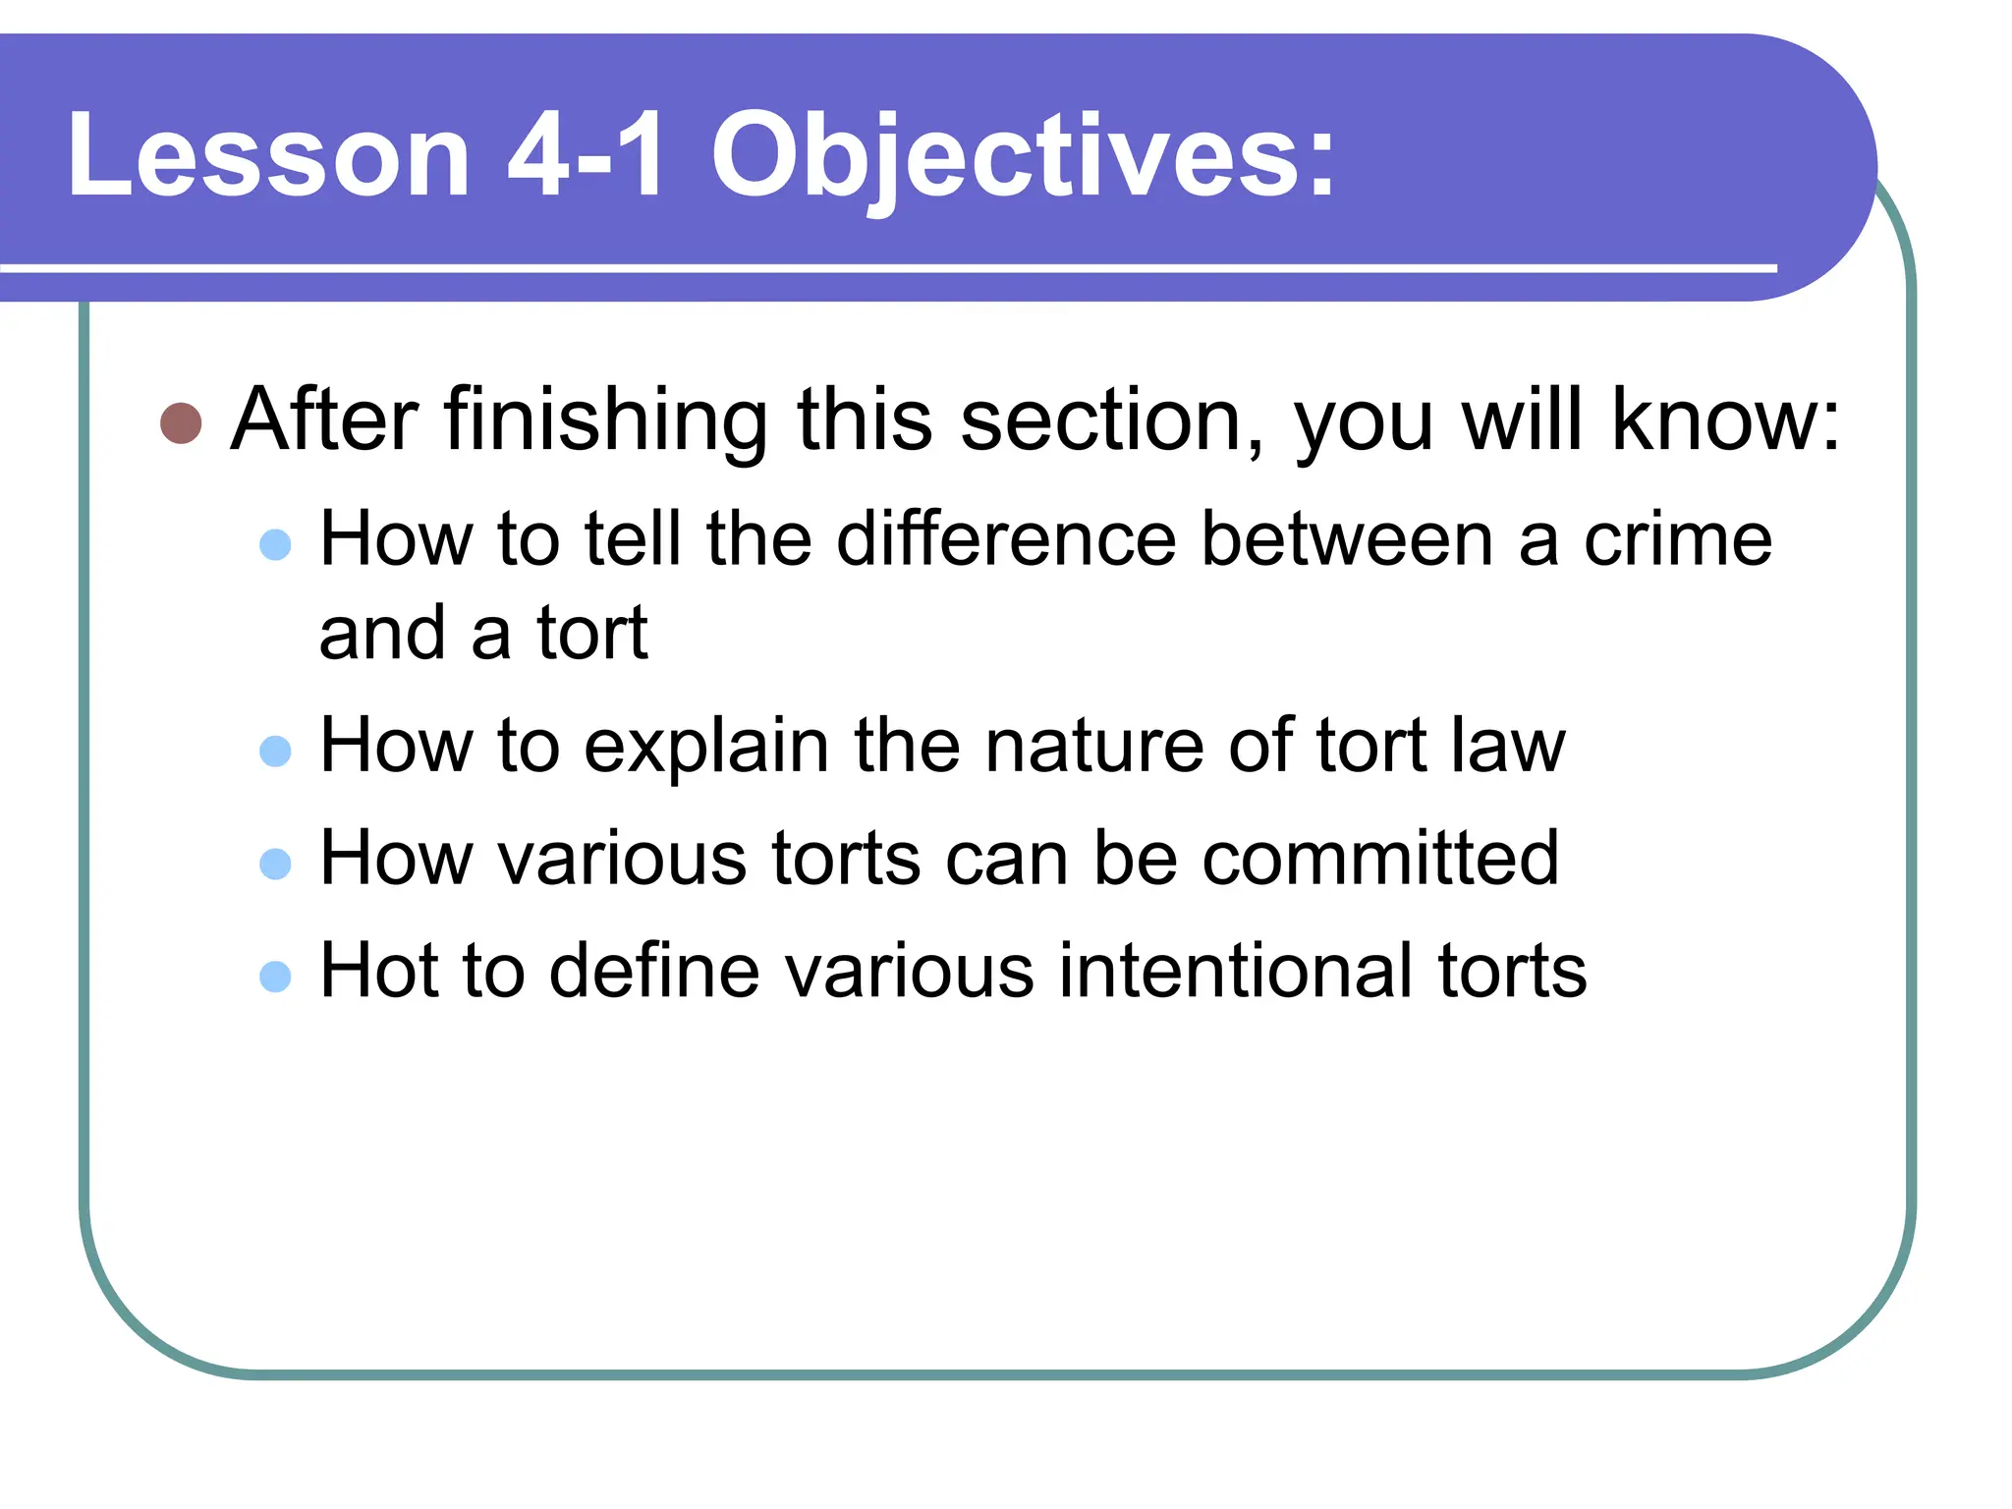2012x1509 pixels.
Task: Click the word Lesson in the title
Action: tap(268, 155)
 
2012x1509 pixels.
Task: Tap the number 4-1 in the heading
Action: tap(587, 155)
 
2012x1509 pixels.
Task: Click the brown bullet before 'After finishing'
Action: tap(181, 423)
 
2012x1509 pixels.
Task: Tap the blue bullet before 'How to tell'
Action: tap(275, 544)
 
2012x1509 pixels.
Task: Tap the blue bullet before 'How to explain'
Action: tap(275, 751)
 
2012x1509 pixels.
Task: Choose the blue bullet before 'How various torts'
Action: tap(275, 864)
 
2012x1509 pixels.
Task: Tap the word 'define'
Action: tap(654, 971)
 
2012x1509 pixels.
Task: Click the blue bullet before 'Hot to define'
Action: tap(275, 977)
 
